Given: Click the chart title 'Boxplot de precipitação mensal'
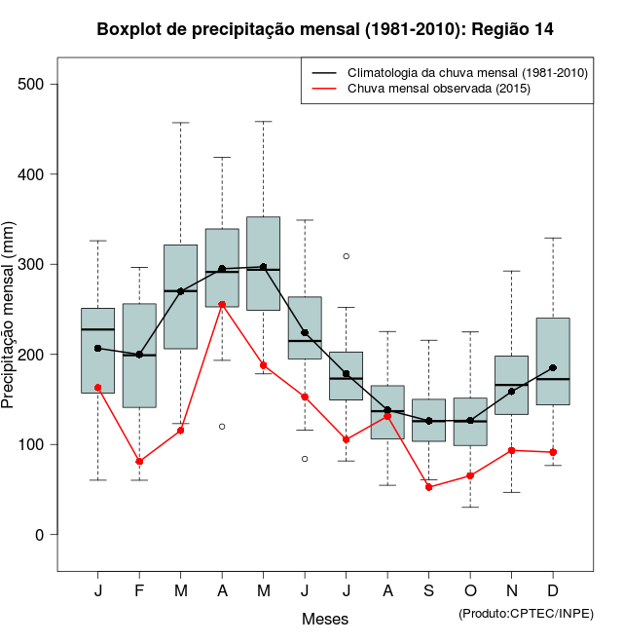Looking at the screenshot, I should [x=325, y=29].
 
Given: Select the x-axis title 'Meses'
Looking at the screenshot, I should [x=325, y=619].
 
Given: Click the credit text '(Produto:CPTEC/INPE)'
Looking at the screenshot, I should [x=526, y=613].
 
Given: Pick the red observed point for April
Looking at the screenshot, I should [x=222, y=304].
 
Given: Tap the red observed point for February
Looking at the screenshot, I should [x=139, y=461].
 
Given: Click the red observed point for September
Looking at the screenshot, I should [x=429, y=487].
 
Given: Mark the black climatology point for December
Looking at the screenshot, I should [x=553, y=367].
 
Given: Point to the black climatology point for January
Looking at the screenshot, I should [x=97, y=348].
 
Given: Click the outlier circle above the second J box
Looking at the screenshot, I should [x=347, y=256].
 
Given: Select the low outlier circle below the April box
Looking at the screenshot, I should [x=222, y=427].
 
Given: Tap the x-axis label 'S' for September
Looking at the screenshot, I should [x=429, y=591].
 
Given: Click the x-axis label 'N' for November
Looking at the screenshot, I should [x=512, y=591].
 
